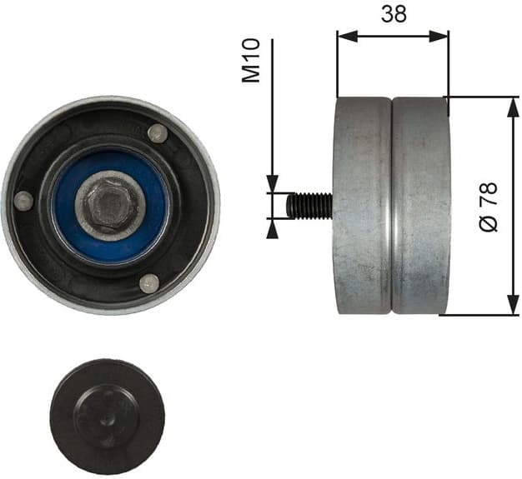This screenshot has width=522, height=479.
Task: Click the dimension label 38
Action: click(x=393, y=13)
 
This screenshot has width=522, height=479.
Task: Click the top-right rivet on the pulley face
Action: click(x=157, y=133)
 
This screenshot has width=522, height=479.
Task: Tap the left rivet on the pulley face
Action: click(x=24, y=201)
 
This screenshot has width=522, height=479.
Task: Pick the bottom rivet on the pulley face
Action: click(x=148, y=282)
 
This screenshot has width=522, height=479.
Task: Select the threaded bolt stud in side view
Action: click(x=309, y=204)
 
